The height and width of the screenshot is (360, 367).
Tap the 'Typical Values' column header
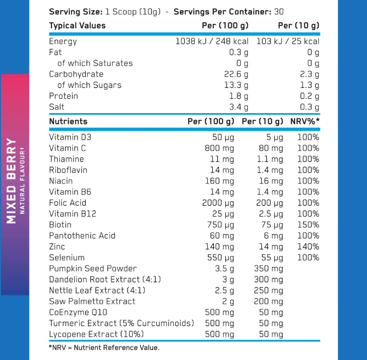[x=77, y=25]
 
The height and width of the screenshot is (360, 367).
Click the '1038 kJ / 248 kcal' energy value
[x=212, y=41]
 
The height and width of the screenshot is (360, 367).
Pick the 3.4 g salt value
[x=238, y=107]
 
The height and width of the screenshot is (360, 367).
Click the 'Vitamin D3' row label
[x=70, y=137]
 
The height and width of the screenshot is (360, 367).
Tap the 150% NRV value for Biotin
[x=308, y=225]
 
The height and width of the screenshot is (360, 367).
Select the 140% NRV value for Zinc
[x=308, y=247]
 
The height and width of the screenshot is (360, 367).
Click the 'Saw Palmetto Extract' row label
[x=92, y=301]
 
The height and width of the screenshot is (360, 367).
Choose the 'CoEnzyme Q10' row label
[x=78, y=312]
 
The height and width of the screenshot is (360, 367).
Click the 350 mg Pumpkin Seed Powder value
[x=268, y=268]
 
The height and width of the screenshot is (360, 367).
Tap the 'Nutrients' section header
[x=68, y=121]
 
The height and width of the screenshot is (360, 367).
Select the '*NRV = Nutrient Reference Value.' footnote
[x=104, y=348]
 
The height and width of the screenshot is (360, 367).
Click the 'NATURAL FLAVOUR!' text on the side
[x=22, y=181]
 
